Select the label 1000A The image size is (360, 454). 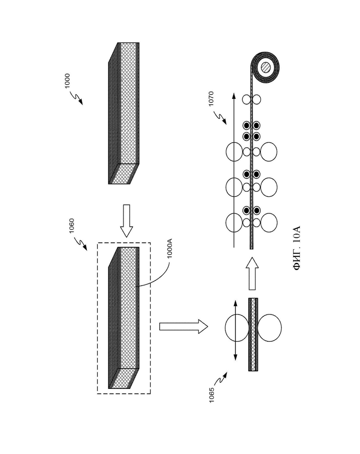(169, 248)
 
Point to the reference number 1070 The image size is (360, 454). (211, 98)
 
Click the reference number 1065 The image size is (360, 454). (211, 394)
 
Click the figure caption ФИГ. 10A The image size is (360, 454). (297, 248)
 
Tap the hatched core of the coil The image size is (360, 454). (266, 68)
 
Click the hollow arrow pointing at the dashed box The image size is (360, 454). (126, 221)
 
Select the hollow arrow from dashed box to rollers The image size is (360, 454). (184, 327)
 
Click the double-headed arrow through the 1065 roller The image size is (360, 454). (235, 330)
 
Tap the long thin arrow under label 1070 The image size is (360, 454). (234, 170)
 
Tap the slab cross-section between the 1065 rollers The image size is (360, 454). (253, 334)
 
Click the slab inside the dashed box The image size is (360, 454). (124, 318)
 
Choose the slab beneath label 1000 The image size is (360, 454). (124, 113)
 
